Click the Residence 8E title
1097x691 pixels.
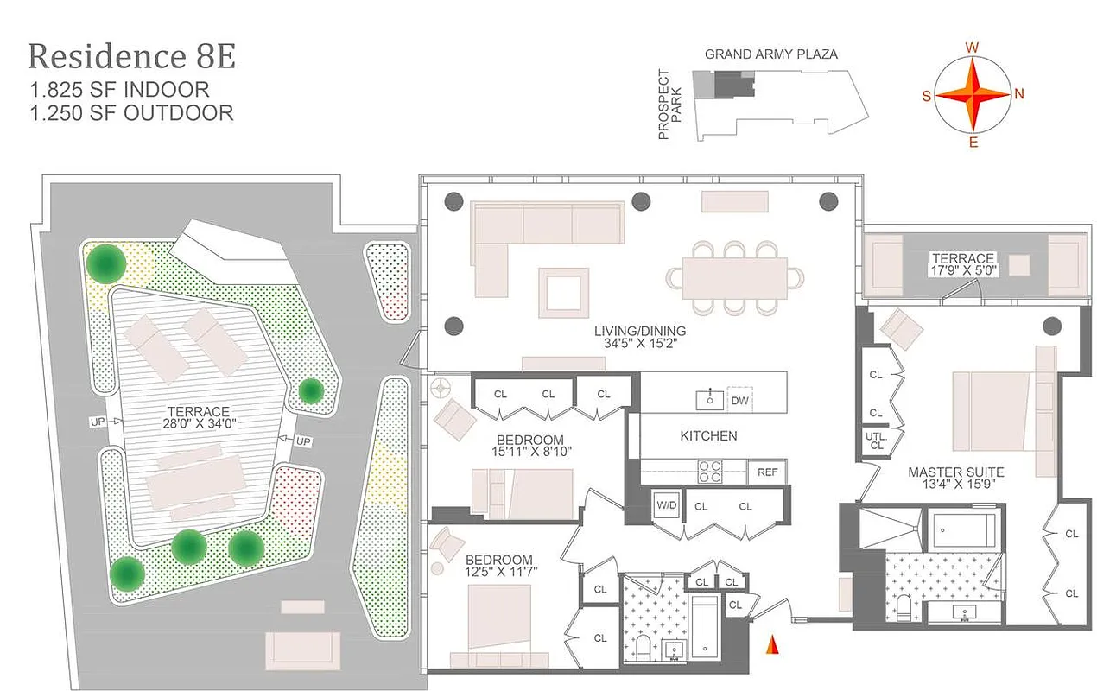131,57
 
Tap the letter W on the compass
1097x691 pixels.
972,48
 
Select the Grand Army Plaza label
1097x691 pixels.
770,54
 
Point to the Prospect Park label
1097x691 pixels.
670,104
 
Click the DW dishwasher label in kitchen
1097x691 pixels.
739,400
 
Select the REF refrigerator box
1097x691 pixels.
767,472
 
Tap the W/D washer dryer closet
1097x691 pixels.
665,506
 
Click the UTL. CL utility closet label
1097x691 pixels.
876,441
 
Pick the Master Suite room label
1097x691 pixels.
955,472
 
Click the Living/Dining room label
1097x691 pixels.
639,331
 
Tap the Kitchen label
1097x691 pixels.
708,435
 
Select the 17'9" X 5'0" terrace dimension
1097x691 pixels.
962,271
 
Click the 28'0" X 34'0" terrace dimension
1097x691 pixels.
200,425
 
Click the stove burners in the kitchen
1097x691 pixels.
710,472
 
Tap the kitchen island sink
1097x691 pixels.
711,399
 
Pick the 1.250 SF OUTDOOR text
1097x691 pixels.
131,112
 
